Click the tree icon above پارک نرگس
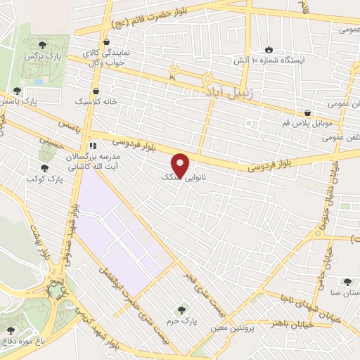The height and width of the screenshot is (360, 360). pos(44,44)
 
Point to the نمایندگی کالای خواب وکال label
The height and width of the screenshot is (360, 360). pos(105,57)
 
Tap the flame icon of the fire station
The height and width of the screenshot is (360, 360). pos(269,49)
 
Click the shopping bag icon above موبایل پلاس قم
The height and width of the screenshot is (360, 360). pos(308,112)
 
